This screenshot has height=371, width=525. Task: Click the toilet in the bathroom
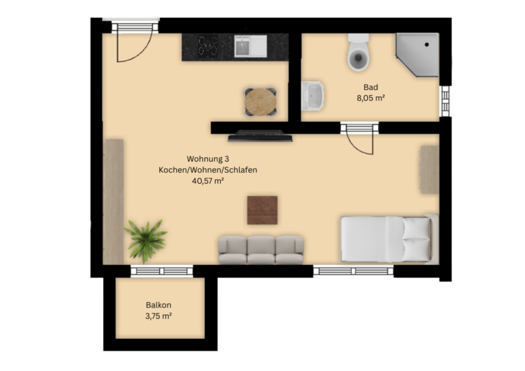[x=358, y=53]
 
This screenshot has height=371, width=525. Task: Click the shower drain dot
[x=427, y=44]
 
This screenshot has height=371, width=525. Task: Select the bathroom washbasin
[x=312, y=96]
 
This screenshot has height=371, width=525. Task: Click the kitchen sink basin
[x=243, y=46]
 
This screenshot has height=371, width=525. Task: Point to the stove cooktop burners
[x=208, y=46]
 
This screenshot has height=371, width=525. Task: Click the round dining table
[x=260, y=102]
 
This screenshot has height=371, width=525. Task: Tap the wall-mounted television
[x=260, y=136]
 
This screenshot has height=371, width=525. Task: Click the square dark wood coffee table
[x=262, y=210]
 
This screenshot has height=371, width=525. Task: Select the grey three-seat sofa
[x=261, y=250]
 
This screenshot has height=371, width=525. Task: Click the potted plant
[x=146, y=241]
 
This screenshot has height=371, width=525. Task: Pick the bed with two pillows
[x=390, y=239]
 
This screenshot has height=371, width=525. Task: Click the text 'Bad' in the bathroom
[x=371, y=87]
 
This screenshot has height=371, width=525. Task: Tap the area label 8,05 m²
[x=371, y=98]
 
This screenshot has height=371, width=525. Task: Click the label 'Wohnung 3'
[x=208, y=159]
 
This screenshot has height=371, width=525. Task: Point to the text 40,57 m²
[x=208, y=181]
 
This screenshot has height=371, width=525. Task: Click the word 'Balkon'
[x=159, y=305]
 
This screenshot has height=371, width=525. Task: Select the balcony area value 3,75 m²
[x=159, y=316]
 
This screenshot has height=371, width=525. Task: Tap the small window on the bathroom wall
[x=445, y=101]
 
